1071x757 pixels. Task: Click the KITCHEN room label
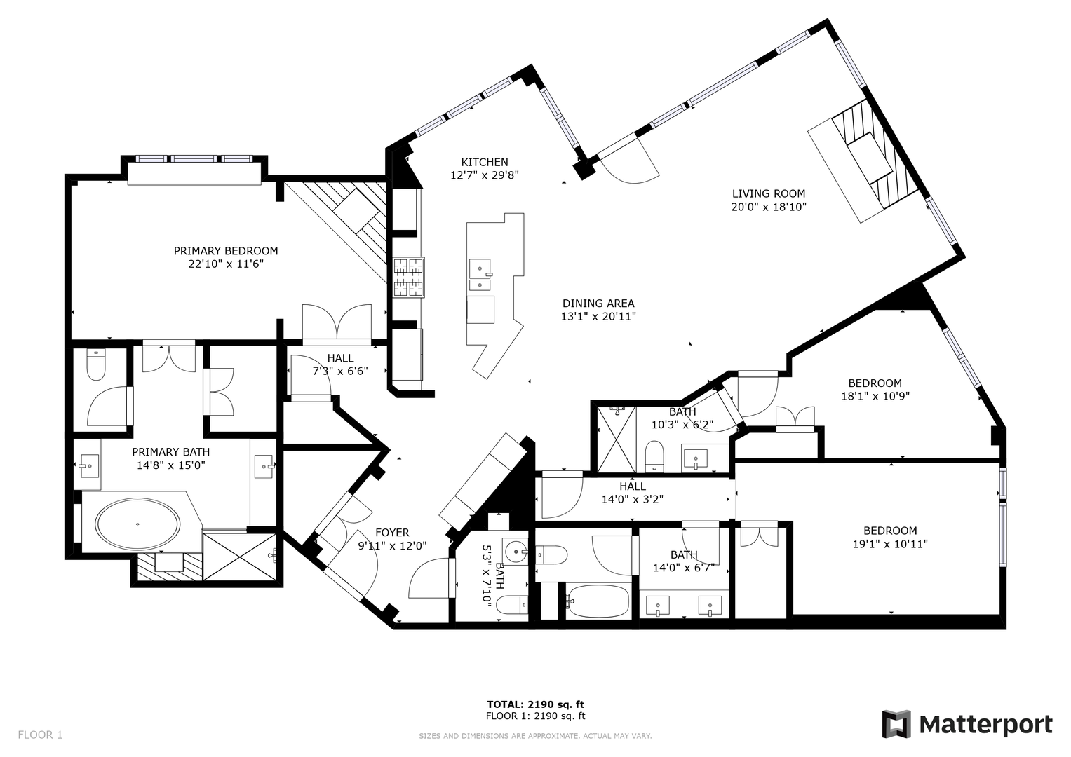pos(485,162)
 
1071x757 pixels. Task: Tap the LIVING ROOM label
pos(769,193)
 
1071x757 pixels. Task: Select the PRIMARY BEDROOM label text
pos(226,251)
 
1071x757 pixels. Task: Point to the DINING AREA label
pos(598,303)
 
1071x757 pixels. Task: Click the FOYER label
pos(392,533)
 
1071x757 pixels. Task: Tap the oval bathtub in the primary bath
pos(137,524)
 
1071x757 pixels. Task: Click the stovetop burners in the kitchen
pos(409,277)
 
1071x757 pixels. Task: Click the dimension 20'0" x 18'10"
pos(769,207)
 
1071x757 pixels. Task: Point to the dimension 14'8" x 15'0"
pos(170,465)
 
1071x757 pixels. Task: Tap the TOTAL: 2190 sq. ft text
pos(536,704)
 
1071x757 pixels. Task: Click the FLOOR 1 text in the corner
pos(40,735)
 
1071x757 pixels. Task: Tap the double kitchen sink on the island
pos(480,275)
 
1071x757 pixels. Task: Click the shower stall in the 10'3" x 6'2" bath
pos(617,439)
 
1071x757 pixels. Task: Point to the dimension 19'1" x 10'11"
pos(890,544)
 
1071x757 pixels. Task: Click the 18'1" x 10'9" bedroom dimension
pos(875,396)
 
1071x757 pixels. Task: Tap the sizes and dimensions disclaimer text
pos(536,737)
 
